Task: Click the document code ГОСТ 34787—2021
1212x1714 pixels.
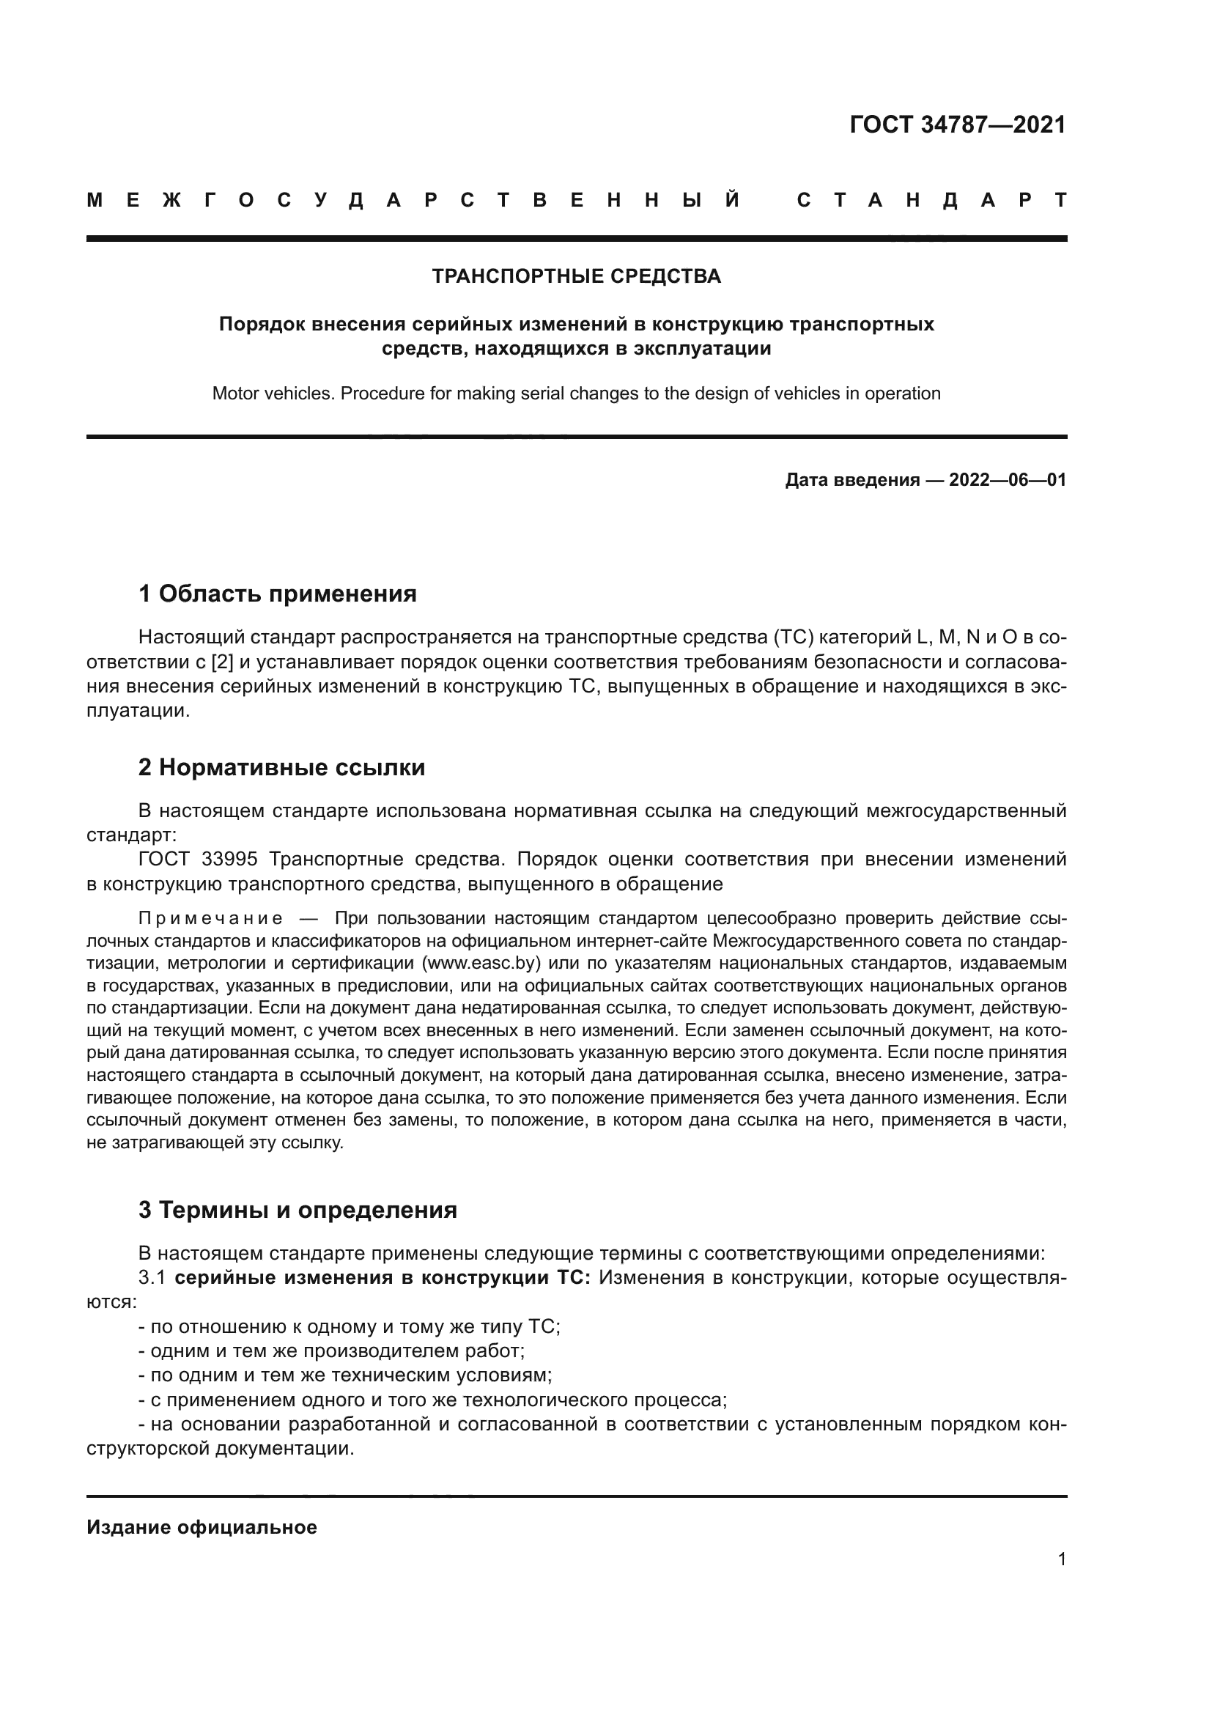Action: click(958, 125)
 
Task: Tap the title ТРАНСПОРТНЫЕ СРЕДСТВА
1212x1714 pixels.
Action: click(576, 276)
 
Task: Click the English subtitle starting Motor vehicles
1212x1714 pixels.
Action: click(576, 394)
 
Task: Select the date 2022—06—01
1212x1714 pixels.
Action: click(1008, 480)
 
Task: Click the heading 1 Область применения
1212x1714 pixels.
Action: click(277, 594)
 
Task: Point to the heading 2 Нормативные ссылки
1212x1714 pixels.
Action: click(281, 767)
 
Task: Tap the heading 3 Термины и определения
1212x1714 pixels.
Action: click(297, 1210)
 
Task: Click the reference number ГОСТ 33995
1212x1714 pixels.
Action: click(198, 860)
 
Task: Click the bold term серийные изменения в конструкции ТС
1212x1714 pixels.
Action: click(382, 1278)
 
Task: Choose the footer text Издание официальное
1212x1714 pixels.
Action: click(202, 1527)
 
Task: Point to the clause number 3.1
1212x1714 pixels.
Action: click(152, 1278)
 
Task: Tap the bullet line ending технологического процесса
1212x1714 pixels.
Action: click(433, 1400)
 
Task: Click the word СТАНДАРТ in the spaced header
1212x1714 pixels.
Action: click(931, 200)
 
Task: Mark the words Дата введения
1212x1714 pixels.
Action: click(851, 480)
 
